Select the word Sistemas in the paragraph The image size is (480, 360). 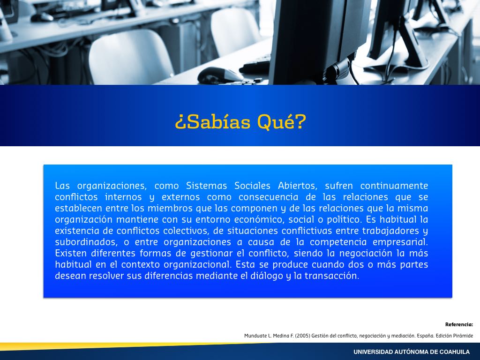(x=206, y=186)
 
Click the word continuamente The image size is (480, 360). (x=394, y=186)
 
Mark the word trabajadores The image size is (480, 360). (x=391, y=231)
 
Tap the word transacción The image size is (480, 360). (x=331, y=276)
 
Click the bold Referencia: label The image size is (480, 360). (x=459, y=324)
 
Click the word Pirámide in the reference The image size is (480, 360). (x=464, y=336)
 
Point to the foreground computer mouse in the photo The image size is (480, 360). (x=220, y=75)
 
